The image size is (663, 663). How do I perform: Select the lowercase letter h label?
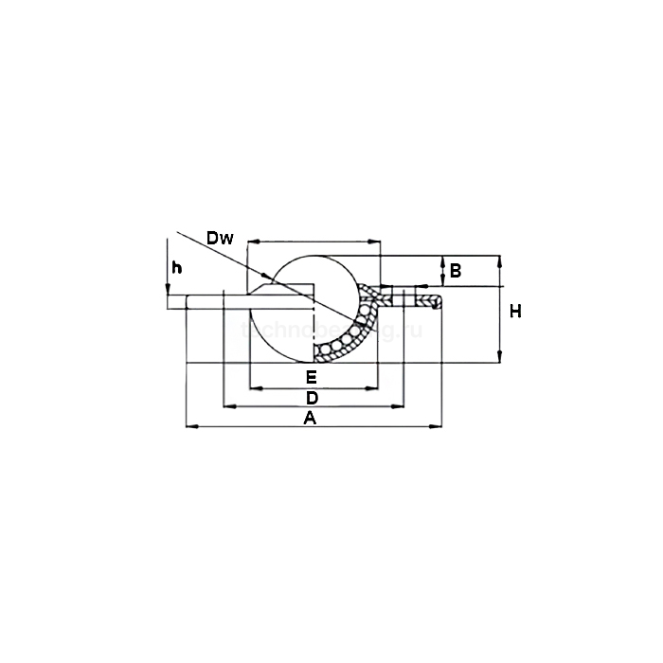pyautogui.click(x=175, y=268)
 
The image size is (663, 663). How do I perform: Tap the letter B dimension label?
pyautogui.click(x=455, y=271)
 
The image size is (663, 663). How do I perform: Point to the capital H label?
pyautogui.click(x=515, y=311)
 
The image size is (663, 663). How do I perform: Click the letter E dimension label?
pyautogui.click(x=311, y=377)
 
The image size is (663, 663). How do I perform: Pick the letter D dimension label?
pyautogui.click(x=311, y=397)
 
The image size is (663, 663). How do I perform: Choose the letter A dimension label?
pyautogui.click(x=309, y=418)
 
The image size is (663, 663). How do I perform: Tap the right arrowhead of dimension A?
pyautogui.click(x=435, y=427)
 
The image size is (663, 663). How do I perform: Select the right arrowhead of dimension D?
pyautogui.click(x=387, y=407)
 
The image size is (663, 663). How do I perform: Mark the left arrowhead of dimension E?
pyautogui.click(x=252, y=386)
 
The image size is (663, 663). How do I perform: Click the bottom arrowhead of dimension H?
pyautogui.click(x=500, y=359)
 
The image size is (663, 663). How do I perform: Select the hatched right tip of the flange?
pyautogui.click(x=434, y=302)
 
